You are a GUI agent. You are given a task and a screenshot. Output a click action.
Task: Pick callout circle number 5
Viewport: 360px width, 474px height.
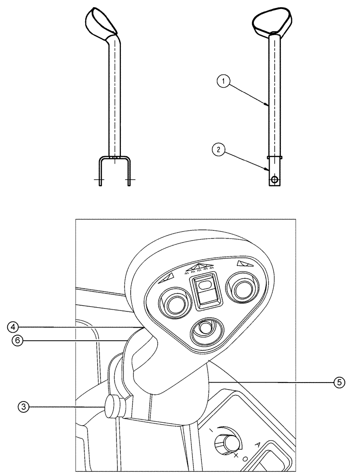(x=339, y=381)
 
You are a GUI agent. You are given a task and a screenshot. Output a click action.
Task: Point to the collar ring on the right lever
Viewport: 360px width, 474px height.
(x=275, y=156)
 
